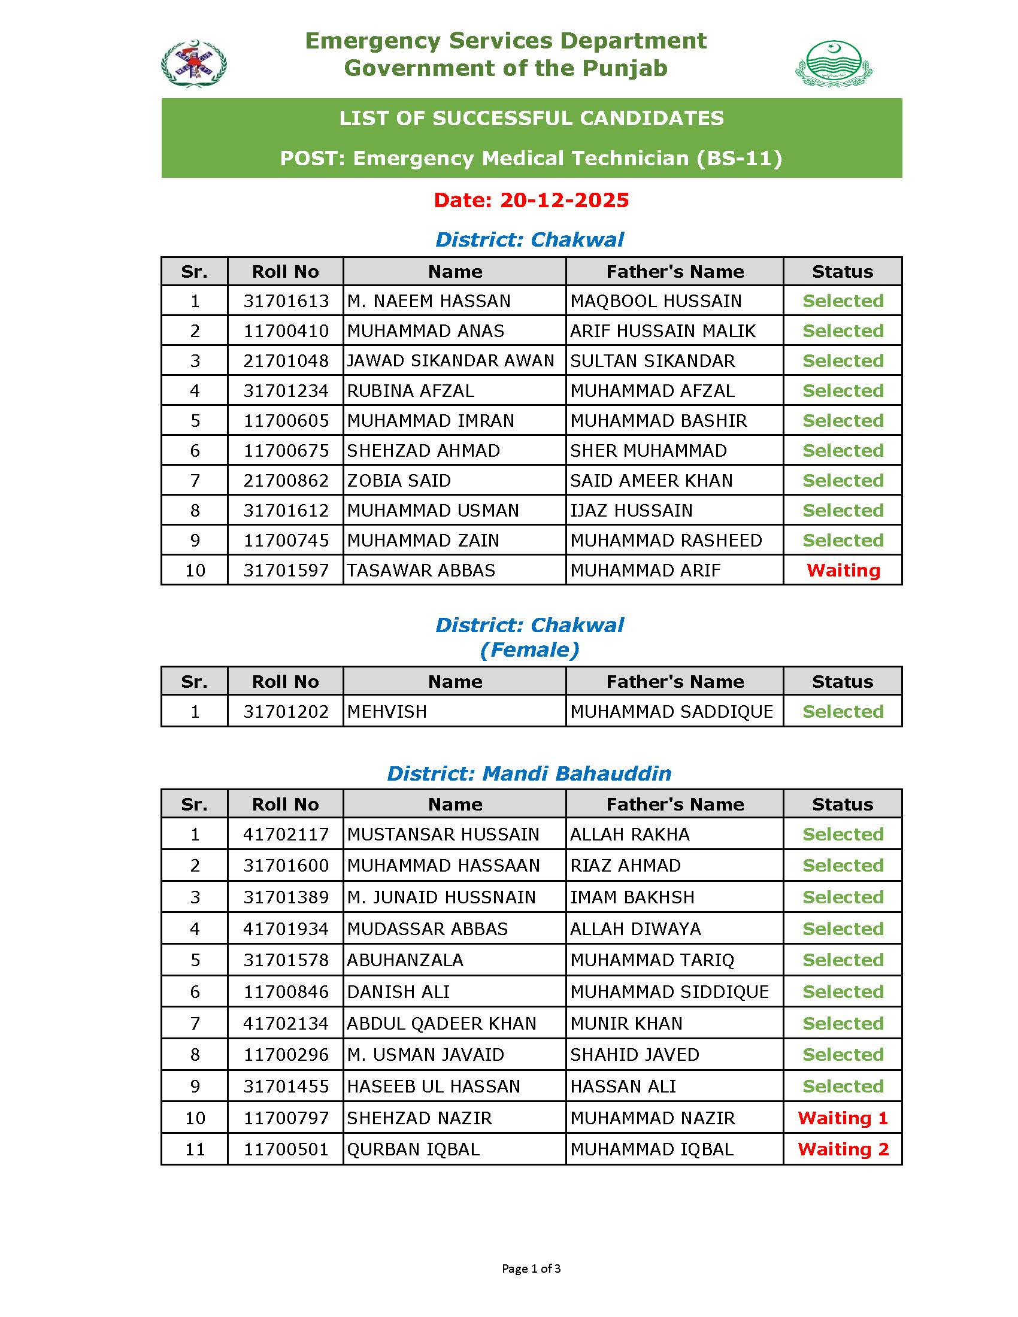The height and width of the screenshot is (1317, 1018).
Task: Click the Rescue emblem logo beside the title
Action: click(193, 63)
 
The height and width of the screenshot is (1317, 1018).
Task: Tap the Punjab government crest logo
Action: click(834, 63)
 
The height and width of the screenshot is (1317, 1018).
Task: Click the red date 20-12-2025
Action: click(531, 200)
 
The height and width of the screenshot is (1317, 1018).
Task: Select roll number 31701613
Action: click(286, 301)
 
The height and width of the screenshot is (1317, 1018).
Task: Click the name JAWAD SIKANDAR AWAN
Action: click(450, 360)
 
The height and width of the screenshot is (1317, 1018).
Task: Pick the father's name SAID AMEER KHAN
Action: click(652, 481)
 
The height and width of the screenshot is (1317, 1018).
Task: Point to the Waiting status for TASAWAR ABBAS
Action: click(843, 571)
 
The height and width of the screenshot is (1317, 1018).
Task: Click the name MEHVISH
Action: click(387, 712)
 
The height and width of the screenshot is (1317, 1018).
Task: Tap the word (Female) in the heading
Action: click(529, 650)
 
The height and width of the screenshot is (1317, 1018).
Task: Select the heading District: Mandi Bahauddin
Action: click(529, 773)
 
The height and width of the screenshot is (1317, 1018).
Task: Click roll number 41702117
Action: click(286, 834)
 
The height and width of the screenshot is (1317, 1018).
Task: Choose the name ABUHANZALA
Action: click(405, 960)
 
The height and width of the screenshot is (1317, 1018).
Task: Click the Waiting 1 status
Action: click(843, 1118)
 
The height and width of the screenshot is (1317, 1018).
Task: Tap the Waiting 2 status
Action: click(843, 1149)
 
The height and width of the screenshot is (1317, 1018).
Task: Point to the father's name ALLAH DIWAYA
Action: click(635, 928)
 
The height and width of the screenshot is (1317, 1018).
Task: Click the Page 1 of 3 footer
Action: click(531, 1268)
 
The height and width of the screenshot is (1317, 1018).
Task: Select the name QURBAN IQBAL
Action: click(413, 1149)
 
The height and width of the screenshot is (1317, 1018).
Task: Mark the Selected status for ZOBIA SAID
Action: click(843, 481)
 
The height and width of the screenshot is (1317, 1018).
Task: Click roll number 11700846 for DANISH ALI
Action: click(286, 992)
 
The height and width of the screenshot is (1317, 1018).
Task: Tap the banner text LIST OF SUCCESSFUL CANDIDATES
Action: click(531, 118)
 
